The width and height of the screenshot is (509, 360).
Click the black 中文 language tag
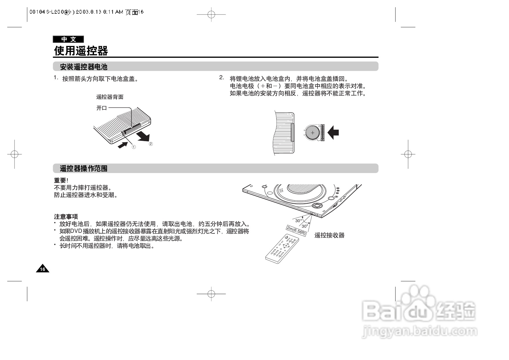click(68, 39)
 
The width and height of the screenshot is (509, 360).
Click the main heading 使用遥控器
click(81, 51)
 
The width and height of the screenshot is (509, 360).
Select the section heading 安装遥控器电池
click(84, 67)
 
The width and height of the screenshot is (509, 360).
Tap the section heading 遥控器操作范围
click(84, 168)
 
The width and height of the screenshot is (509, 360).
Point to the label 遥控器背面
click(110, 97)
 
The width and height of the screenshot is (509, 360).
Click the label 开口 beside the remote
click(102, 108)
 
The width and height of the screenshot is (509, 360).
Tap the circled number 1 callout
click(134, 147)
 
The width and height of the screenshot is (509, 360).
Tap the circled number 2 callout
click(151, 144)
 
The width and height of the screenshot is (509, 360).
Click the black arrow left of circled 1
click(122, 145)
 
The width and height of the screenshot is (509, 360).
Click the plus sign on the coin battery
click(312, 133)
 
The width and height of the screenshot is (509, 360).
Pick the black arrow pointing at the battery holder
click(333, 133)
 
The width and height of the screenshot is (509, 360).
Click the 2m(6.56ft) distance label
click(296, 231)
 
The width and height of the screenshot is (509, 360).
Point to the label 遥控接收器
click(329, 235)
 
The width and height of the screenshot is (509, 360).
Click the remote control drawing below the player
click(281, 249)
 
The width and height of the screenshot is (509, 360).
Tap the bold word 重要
click(60, 181)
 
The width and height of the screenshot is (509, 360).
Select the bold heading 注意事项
click(66, 217)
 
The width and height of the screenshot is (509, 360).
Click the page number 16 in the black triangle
click(43, 269)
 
